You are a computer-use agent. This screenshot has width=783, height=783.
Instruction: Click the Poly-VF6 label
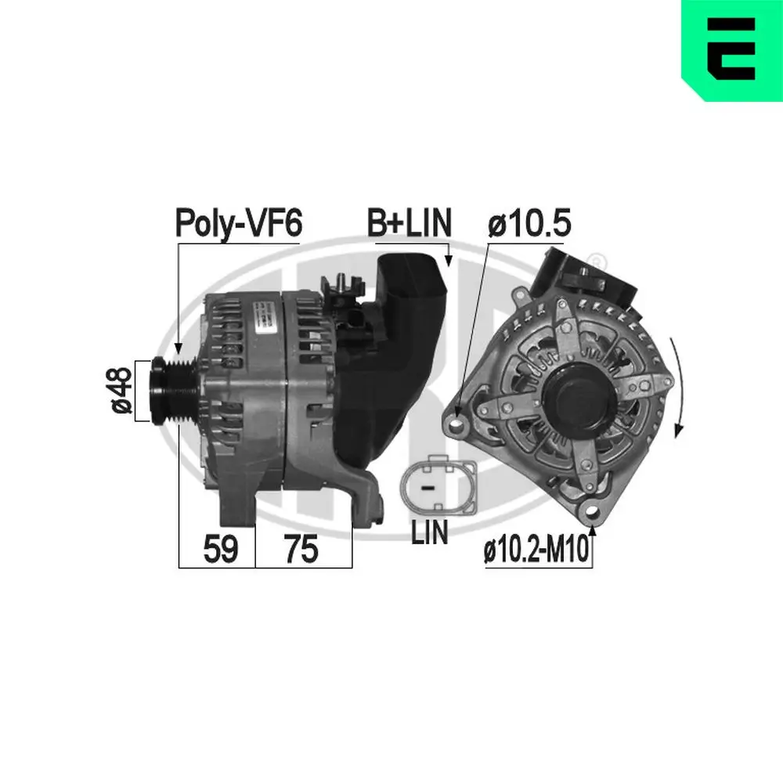click(238, 224)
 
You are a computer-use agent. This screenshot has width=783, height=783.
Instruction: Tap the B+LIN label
click(410, 223)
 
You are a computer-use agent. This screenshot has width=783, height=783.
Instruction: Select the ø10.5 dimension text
click(530, 224)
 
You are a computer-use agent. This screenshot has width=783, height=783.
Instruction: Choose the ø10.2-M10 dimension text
click(536, 552)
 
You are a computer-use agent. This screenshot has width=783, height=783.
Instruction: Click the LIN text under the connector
click(430, 532)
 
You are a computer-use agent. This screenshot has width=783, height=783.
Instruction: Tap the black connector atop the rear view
click(579, 274)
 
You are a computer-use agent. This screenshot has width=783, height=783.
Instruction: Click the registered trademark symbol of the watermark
click(597, 259)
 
